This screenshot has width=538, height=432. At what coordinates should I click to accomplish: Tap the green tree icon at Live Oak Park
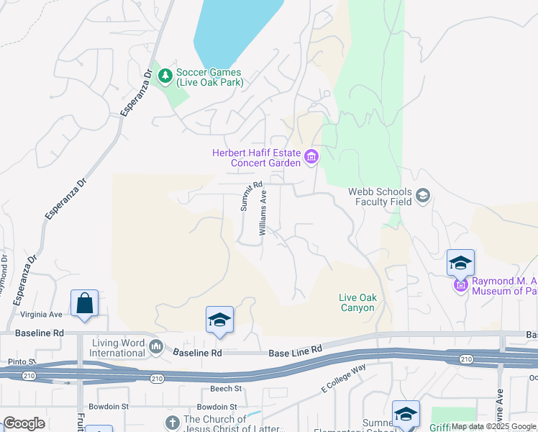pos(165,75)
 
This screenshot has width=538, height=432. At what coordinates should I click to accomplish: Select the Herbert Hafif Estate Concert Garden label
pos(255,157)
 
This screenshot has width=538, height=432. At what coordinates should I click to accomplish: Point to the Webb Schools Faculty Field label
pos(380,197)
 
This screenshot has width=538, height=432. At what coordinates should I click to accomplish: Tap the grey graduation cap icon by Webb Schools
pos(423,195)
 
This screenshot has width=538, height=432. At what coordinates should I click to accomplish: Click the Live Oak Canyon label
pos(357,303)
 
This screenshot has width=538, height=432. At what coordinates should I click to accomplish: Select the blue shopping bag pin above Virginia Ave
pos(84,304)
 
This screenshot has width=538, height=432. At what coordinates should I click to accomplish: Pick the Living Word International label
pos(117,348)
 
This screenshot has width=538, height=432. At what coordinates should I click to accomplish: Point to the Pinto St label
pos(22,361)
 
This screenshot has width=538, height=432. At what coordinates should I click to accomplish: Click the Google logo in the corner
pos(24,423)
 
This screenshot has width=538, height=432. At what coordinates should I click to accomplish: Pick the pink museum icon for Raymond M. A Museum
pos(460,287)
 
